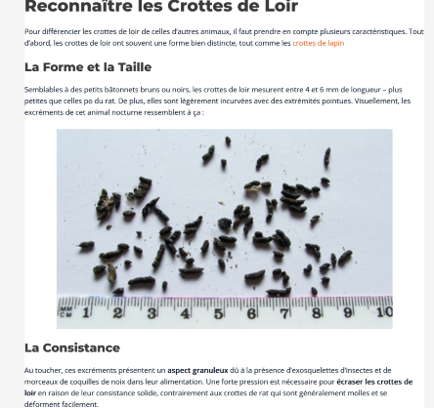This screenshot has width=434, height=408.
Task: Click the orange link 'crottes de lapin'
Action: (x=318, y=43)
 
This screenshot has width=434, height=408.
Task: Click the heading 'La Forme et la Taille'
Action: (x=88, y=67)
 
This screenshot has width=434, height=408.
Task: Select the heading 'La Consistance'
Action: (x=72, y=347)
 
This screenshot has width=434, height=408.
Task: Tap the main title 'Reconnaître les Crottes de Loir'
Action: (x=160, y=8)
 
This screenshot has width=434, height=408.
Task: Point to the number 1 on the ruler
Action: (x=86, y=312)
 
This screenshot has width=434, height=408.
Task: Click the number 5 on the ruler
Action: (x=218, y=312)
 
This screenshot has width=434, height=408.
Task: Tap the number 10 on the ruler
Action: (x=383, y=312)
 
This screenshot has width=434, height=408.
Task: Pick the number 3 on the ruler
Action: (x=152, y=312)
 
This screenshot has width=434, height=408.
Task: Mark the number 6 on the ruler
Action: (x=251, y=312)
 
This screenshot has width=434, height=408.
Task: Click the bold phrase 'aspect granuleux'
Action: (x=197, y=370)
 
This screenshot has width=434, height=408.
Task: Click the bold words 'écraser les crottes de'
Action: (x=374, y=382)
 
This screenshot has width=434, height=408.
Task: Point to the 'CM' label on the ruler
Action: (x=65, y=313)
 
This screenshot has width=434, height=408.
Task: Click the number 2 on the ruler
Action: (x=118, y=312)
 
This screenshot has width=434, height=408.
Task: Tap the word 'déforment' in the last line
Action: (x=42, y=403)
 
